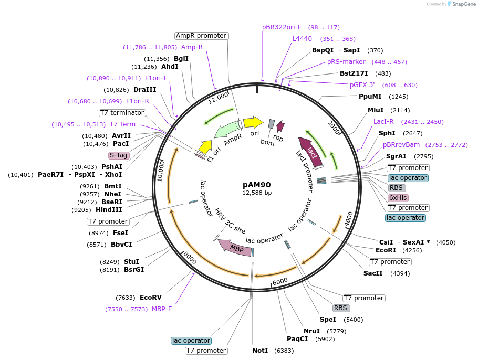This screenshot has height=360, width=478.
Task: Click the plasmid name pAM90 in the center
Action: (257, 185)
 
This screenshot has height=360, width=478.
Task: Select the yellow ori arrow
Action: (253, 122)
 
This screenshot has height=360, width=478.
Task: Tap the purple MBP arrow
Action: (235, 247)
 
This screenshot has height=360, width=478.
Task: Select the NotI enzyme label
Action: (260, 350)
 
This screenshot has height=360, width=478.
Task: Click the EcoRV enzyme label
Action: (151, 297)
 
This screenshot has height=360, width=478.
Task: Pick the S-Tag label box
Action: (119, 155)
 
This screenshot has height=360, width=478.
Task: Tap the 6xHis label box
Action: (398, 198)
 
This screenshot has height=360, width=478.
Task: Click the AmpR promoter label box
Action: (201, 36)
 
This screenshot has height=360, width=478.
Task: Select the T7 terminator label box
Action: (122, 113)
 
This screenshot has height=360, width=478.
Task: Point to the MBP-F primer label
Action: (162, 309)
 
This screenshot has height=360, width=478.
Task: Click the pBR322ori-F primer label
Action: (282, 27)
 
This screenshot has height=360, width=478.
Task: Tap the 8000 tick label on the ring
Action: (190, 257)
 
